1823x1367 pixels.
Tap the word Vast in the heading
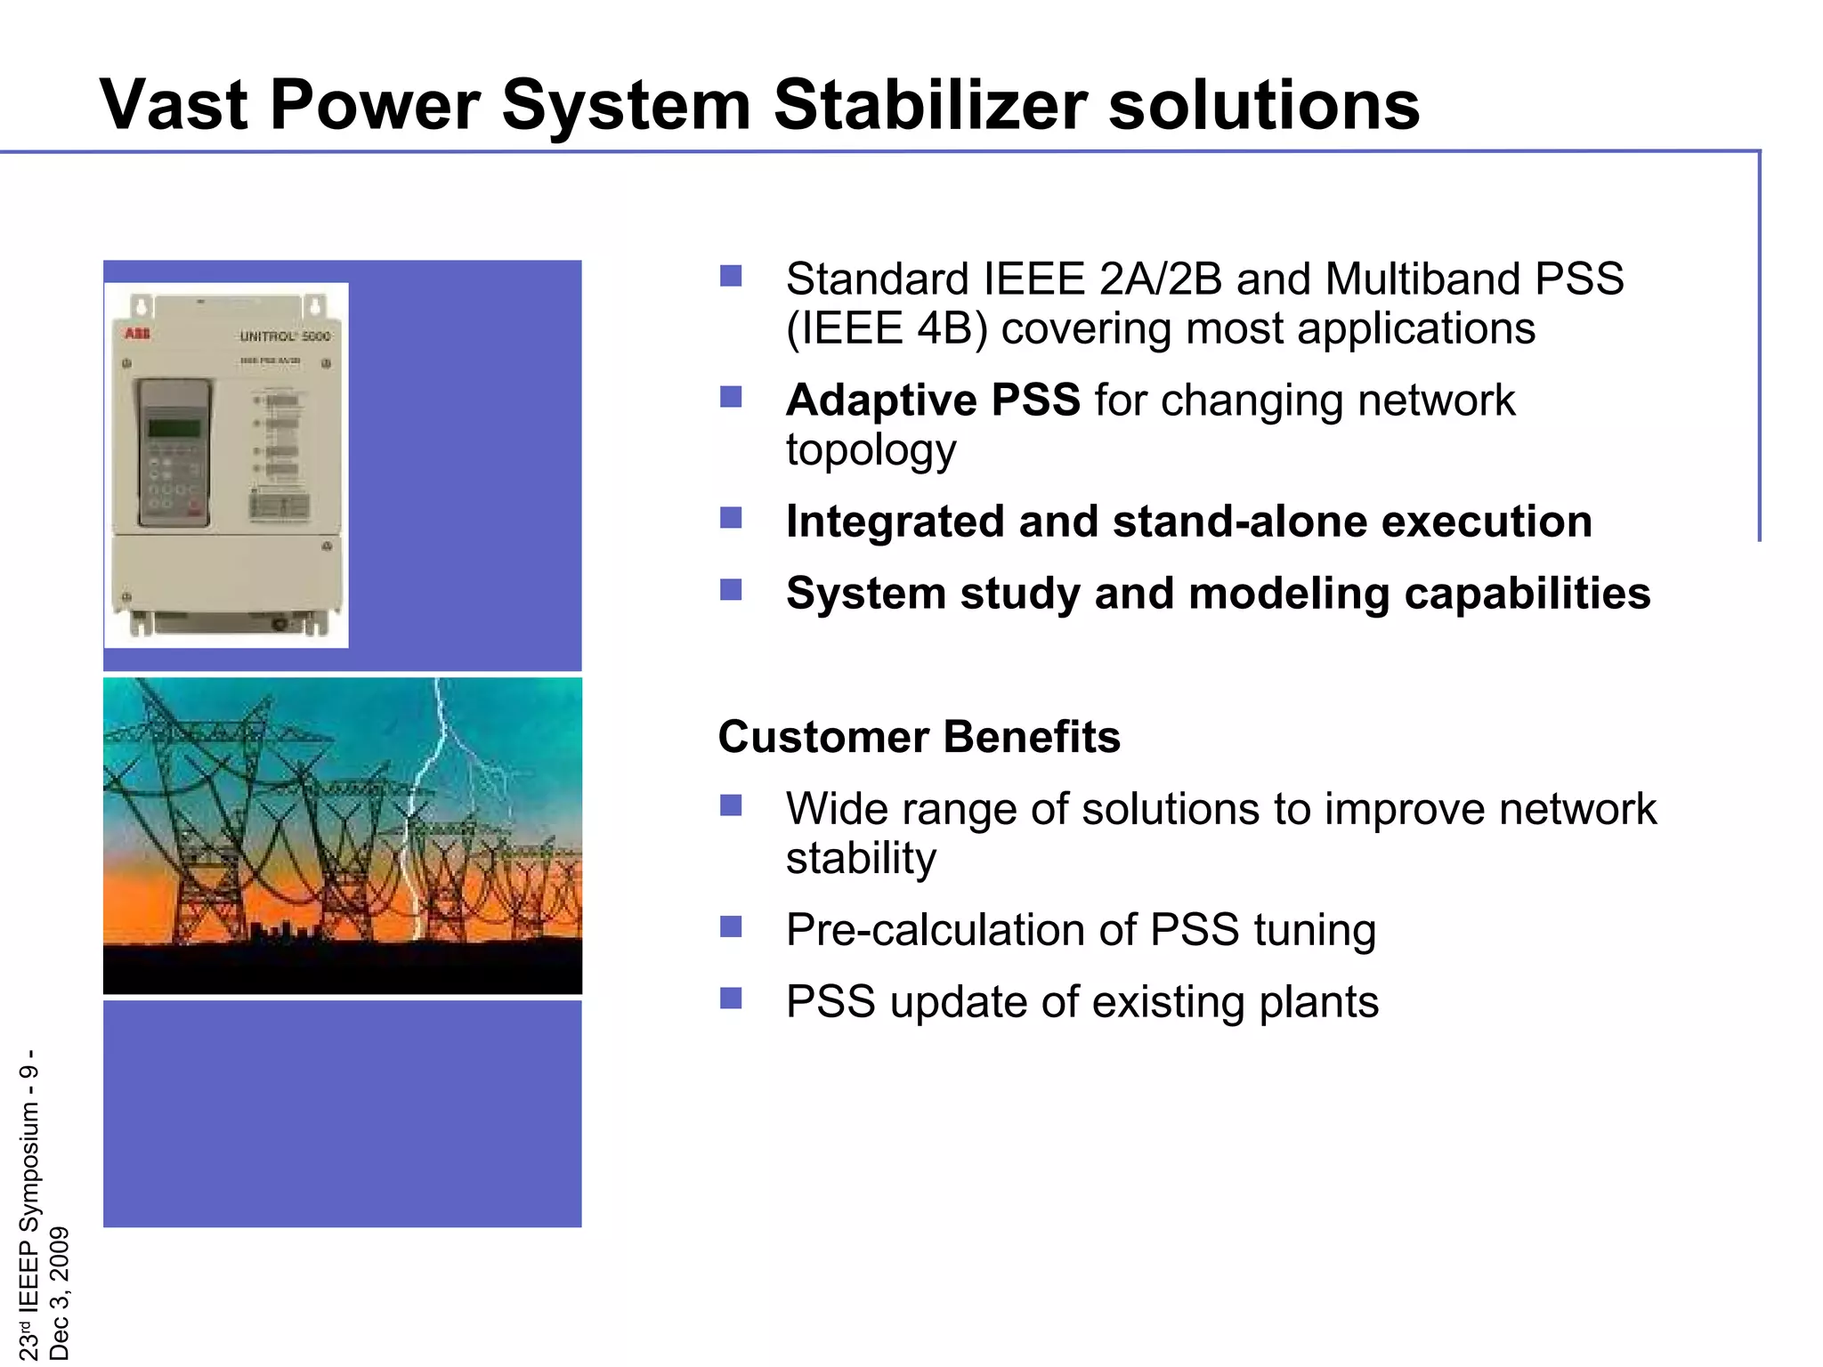[174, 105]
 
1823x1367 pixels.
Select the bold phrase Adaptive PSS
[933, 400]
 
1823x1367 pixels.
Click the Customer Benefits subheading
[919, 737]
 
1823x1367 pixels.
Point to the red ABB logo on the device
[137, 334]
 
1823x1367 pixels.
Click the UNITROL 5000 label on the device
[285, 336]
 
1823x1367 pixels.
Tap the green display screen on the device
[174, 427]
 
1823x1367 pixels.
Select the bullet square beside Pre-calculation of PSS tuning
[731, 926]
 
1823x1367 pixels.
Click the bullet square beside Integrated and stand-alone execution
[731, 517]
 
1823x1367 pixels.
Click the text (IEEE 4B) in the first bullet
[887, 328]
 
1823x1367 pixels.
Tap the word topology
[871, 450]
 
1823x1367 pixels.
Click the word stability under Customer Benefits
[861, 859]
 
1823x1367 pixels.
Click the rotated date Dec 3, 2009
[59, 1292]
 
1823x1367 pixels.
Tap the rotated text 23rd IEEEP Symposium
[29, 1228]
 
